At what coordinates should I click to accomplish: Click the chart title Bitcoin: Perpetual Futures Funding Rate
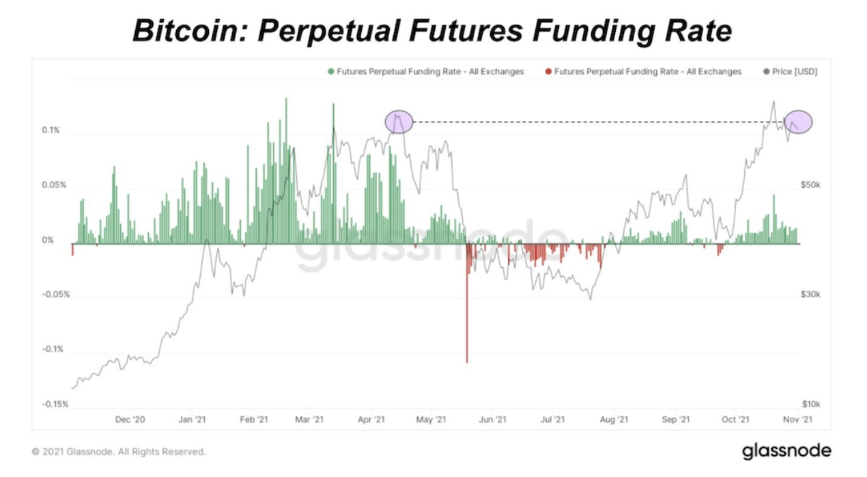(x=432, y=30)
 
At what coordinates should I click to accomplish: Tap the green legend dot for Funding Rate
(x=331, y=71)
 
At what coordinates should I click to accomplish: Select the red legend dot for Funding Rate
(x=548, y=71)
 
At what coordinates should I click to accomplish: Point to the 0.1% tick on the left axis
(x=51, y=130)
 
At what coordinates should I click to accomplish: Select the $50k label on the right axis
(x=810, y=185)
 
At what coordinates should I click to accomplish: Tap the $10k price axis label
(x=810, y=404)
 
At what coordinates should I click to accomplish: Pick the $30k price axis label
(x=810, y=295)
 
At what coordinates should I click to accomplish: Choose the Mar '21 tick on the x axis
(x=310, y=419)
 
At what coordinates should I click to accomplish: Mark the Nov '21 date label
(x=797, y=419)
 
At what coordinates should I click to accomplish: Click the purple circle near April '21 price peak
(x=399, y=122)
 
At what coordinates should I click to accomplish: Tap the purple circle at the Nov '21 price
(x=798, y=122)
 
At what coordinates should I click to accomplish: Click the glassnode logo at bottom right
(x=786, y=451)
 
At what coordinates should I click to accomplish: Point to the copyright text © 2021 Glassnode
(x=118, y=452)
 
